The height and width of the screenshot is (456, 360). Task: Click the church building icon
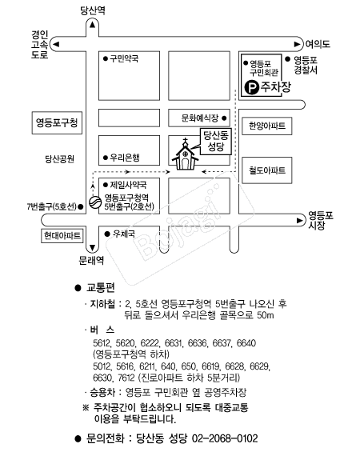click(185, 154)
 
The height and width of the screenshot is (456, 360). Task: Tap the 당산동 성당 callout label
click(216, 141)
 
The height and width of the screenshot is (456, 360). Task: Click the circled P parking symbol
click(251, 87)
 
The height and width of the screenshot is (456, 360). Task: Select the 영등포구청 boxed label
click(57, 122)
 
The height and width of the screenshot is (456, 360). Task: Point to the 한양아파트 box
click(267, 126)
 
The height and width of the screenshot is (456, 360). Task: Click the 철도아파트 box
click(267, 170)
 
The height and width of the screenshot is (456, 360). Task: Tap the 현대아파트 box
click(62, 235)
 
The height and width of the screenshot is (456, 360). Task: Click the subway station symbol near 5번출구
click(94, 202)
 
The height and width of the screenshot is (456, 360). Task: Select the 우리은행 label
click(125, 158)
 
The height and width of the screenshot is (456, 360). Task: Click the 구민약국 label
click(124, 58)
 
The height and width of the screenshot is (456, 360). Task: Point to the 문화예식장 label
click(200, 118)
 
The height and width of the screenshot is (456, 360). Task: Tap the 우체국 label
click(124, 234)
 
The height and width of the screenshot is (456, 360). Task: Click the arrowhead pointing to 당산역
click(93, 25)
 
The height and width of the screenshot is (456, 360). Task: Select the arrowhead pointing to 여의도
click(297, 44)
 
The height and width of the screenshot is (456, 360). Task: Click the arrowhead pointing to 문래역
click(93, 248)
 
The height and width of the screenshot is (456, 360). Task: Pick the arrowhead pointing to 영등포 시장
click(299, 220)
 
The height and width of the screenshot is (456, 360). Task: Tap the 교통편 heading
click(101, 288)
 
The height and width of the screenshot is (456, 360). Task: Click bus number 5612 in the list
click(102, 343)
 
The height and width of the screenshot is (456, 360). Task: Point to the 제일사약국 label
click(128, 185)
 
